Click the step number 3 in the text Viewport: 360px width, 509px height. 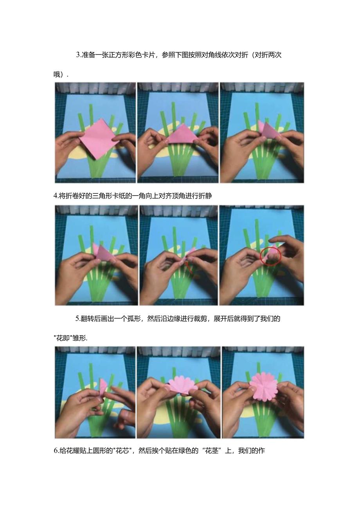(78, 55)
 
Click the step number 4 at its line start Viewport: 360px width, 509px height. (55, 196)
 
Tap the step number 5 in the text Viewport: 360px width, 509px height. (77, 318)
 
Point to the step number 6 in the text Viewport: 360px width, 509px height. (56, 450)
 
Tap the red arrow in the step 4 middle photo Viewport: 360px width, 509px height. (189, 267)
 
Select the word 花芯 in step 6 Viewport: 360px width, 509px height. (122, 450)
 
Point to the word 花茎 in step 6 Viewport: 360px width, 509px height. (212, 450)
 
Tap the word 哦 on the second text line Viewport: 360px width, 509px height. (57, 74)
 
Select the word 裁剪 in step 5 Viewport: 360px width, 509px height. (200, 318)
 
